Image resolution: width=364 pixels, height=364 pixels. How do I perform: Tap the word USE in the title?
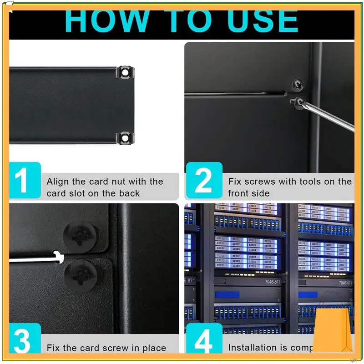click(256, 20)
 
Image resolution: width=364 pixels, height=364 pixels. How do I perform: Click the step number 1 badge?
click(25, 181)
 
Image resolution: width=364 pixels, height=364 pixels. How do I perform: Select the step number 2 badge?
click(203, 181)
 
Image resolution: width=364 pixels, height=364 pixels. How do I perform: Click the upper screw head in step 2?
click(298, 85)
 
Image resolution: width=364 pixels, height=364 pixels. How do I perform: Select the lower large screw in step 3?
click(81, 275)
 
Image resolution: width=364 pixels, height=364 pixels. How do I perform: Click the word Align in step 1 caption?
click(58, 182)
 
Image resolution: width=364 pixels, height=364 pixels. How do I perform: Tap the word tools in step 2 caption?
click(314, 182)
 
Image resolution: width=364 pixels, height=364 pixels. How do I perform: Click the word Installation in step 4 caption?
click(252, 348)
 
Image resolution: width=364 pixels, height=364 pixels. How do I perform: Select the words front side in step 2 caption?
click(249, 193)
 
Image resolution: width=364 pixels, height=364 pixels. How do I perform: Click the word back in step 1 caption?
click(130, 193)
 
